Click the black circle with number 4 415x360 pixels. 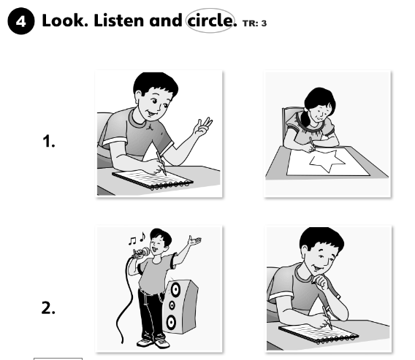pos(21,21)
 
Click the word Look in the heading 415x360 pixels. pos(65,20)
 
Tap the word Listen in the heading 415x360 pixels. pos(120,20)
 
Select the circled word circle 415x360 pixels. pos(210,20)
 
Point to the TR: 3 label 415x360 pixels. pos(254,23)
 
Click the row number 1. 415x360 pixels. pos(49,141)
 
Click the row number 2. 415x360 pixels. pos(48,308)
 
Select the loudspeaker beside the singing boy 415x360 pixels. pos(180,306)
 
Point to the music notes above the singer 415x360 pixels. pos(137,238)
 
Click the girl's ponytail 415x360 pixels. pos(305,118)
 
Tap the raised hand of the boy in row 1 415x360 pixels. pos(203,127)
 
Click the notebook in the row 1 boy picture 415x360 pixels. pos(153,180)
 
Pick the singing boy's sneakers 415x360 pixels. pos(153,342)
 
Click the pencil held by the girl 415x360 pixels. pos(312,143)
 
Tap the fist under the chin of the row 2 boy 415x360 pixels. pos(321,283)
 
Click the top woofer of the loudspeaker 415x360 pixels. pos(175,289)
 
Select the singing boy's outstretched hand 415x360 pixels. pos(194,241)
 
